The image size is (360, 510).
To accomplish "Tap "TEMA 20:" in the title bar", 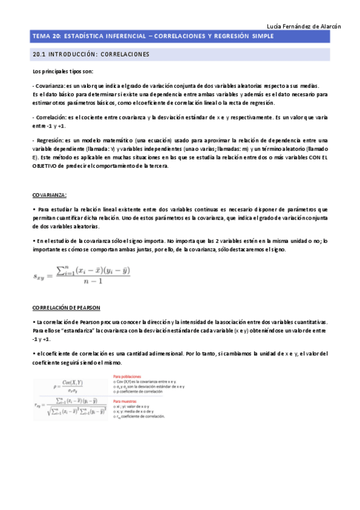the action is click(x=46, y=37).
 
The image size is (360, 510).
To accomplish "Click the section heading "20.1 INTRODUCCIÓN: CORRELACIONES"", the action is click(x=90, y=55).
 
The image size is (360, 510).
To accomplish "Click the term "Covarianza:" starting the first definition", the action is click(x=49, y=85).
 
